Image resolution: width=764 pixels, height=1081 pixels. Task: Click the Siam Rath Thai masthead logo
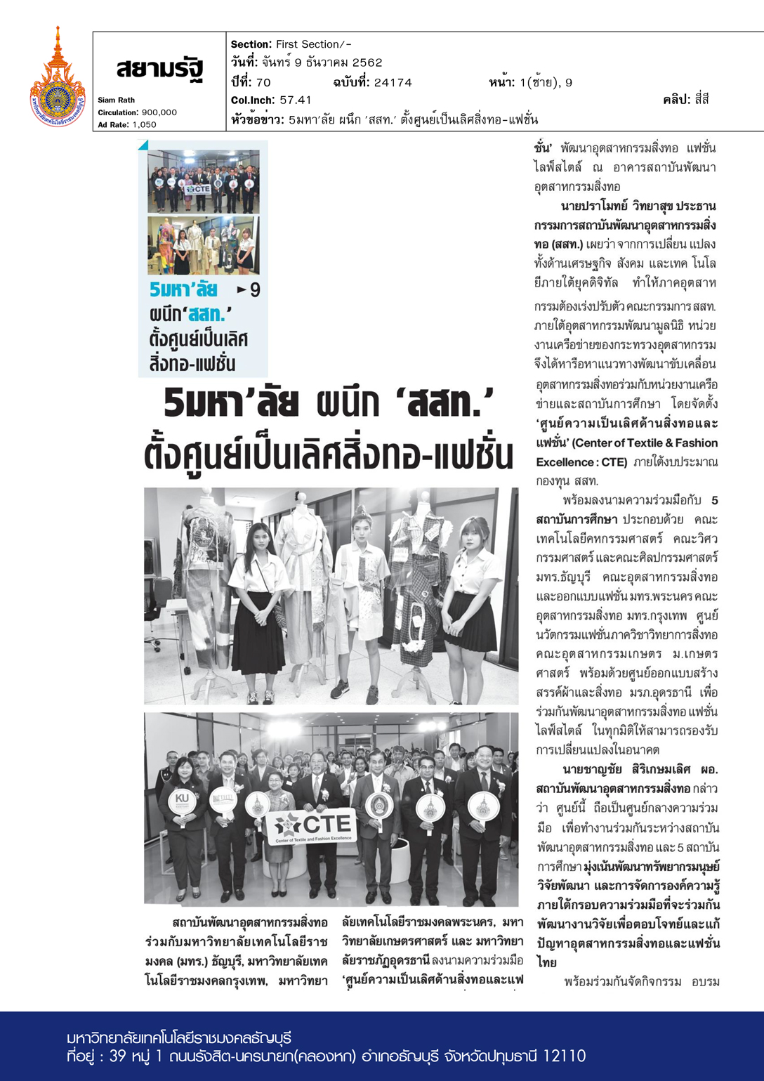tap(160, 70)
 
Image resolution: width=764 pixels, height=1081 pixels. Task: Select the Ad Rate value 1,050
tap(144, 125)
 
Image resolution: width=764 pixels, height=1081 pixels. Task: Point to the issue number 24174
tap(393, 83)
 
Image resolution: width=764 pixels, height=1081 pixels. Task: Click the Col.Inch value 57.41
tap(295, 100)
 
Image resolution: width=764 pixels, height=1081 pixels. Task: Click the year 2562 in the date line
tap(367, 63)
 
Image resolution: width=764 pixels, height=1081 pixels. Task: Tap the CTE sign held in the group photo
tap(311, 826)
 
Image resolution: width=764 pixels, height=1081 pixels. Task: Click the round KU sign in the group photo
tap(183, 801)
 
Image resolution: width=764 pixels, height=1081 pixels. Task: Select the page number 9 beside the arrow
tap(255, 290)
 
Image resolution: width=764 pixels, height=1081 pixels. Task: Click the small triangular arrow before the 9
tap(242, 289)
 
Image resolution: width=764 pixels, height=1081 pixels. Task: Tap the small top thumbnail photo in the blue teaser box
tap(203, 181)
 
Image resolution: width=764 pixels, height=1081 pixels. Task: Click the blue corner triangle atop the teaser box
tap(143, 145)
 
